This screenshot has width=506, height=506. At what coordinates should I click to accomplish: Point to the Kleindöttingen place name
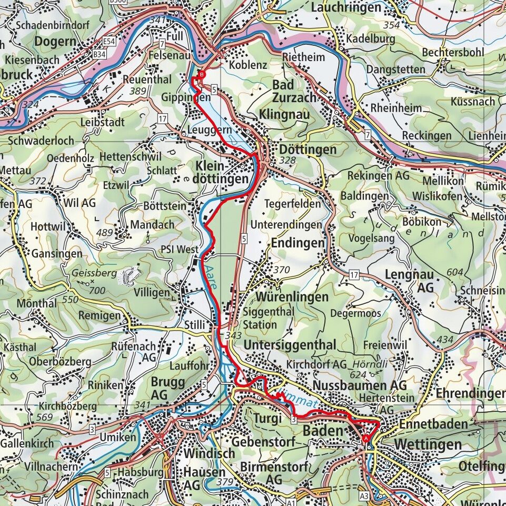pos(221,173)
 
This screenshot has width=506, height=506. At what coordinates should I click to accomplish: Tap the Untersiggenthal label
pos(290,345)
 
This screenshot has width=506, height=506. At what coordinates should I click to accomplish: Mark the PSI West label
pos(181,249)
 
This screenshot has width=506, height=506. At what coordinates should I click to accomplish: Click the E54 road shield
pos(110,41)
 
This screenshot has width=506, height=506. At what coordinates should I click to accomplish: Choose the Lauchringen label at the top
pos(345,7)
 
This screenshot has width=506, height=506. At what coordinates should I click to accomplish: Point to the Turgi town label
pos(264,418)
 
